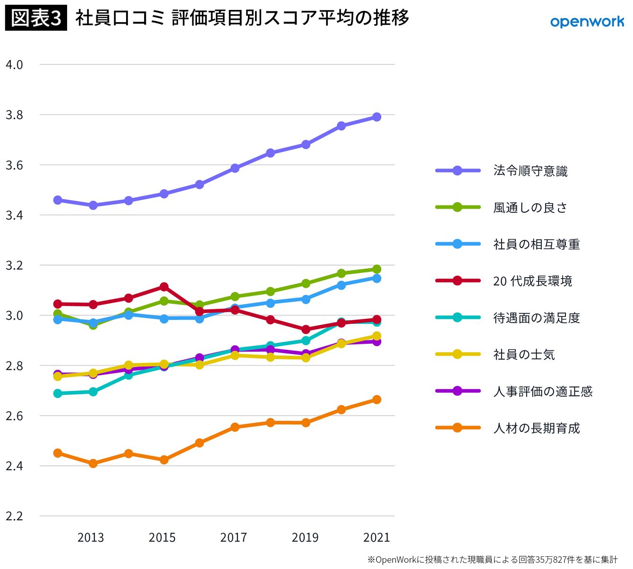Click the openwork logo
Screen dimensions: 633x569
[x=587, y=22]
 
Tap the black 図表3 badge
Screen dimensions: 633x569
[x=36, y=17]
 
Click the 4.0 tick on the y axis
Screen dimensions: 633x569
[x=14, y=65]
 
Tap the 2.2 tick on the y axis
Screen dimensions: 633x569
[x=14, y=516]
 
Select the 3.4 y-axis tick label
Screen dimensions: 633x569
[x=14, y=215]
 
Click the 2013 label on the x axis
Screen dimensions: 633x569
[x=91, y=537]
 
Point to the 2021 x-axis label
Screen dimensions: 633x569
[x=376, y=537]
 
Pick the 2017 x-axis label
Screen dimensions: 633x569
[x=233, y=537]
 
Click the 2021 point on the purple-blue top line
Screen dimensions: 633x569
[x=376, y=117]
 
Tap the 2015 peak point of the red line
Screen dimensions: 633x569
[x=164, y=287]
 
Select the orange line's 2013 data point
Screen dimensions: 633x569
[x=93, y=463]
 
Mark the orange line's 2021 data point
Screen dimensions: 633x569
[x=376, y=399]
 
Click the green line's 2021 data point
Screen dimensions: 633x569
[x=376, y=269]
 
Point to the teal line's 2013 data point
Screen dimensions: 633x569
[x=93, y=392]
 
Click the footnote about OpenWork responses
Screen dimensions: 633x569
[x=492, y=559]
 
